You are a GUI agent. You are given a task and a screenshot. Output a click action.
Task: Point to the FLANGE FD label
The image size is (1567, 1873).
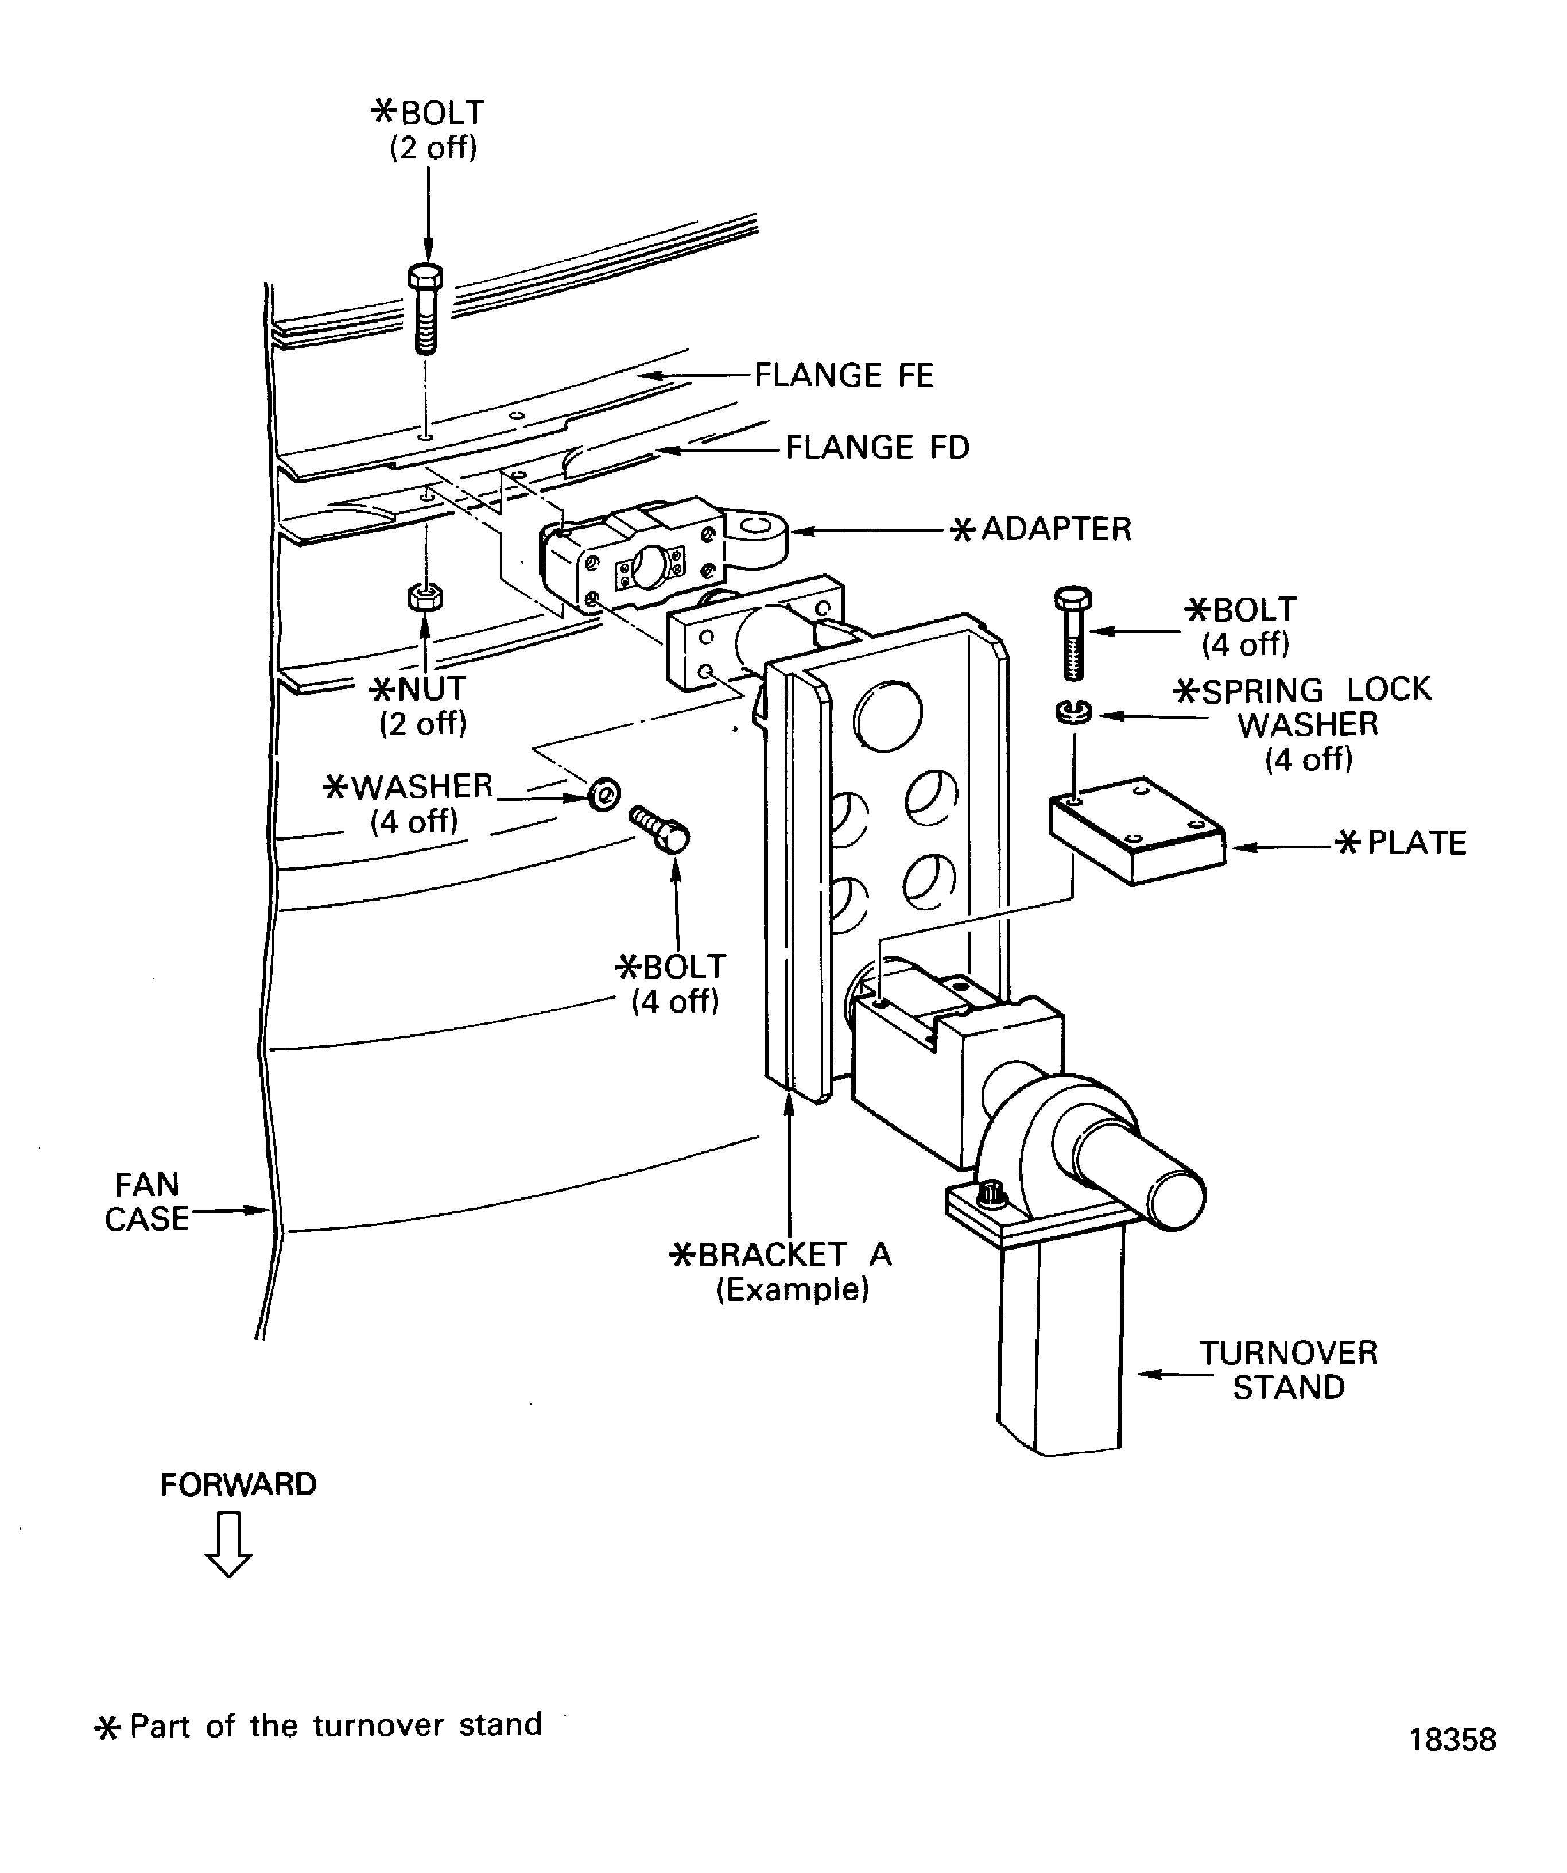pyautogui.click(x=876, y=448)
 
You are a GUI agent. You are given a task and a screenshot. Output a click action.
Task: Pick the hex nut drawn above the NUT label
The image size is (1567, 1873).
pyautogui.click(x=425, y=596)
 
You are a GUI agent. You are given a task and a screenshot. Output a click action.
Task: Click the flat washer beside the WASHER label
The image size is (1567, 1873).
pyautogui.click(x=604, y=792)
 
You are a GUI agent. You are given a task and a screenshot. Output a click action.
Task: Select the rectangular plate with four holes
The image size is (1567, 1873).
pyautogui.click(x=1137, y=831)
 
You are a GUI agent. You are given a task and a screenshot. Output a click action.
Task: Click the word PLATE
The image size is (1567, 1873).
pyautogui.click(x=1416, y=843)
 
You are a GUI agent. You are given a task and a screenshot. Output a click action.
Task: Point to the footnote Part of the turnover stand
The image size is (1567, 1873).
pyautogui.click(x=335, y=1725)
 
